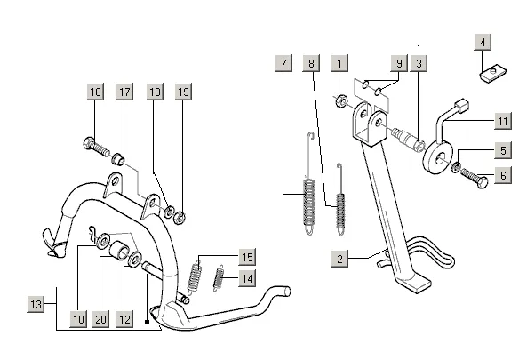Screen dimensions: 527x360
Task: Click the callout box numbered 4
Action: [x=483, y=42]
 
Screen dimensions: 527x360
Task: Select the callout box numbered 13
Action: [x=36, y=304]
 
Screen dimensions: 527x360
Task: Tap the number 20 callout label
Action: [x=100, y=319]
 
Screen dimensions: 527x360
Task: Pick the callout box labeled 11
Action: [x=503, y=121]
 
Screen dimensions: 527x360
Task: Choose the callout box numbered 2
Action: [x=339, y=259]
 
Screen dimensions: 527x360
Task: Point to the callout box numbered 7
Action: [x=283, y=63]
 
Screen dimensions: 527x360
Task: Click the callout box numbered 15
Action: [x=247, y=257]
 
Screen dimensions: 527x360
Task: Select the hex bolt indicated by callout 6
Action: [x=475, y=178]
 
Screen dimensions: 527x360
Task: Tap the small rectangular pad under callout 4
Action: [x=492, y=75]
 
